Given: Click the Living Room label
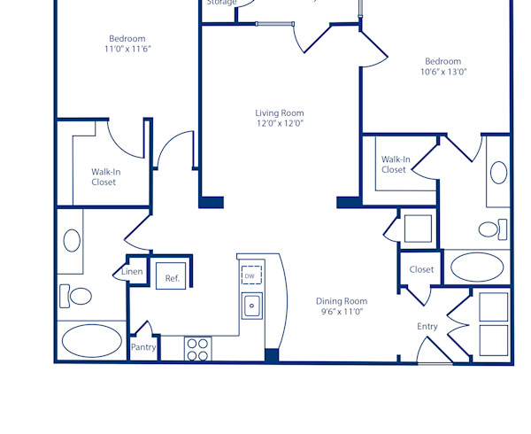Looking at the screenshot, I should pos(280,113).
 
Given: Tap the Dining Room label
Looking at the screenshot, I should pos(342,301).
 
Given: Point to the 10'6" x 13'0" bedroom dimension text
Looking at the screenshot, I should pos(443,72).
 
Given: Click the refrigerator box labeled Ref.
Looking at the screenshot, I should pos(173,278).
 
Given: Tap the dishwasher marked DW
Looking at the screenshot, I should pos(251,275).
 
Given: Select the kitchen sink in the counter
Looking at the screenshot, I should pos(252,306).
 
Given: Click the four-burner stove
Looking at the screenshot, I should pos(197,349).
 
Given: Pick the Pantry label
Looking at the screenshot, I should pos(143,347).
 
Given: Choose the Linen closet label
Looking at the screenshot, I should pos(132,272).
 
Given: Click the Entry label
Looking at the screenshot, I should pos(427,327).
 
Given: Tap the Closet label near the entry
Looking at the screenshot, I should pos(421,269).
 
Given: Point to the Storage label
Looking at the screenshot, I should pos(221,3).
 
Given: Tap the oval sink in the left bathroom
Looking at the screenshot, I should pos(72,239).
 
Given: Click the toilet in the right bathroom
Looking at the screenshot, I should pos(489,229).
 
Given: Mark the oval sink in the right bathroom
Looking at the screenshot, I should pos(498,172).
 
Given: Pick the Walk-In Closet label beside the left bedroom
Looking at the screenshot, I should pos(104,177).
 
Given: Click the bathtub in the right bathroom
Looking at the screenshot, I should pos(477,267).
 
